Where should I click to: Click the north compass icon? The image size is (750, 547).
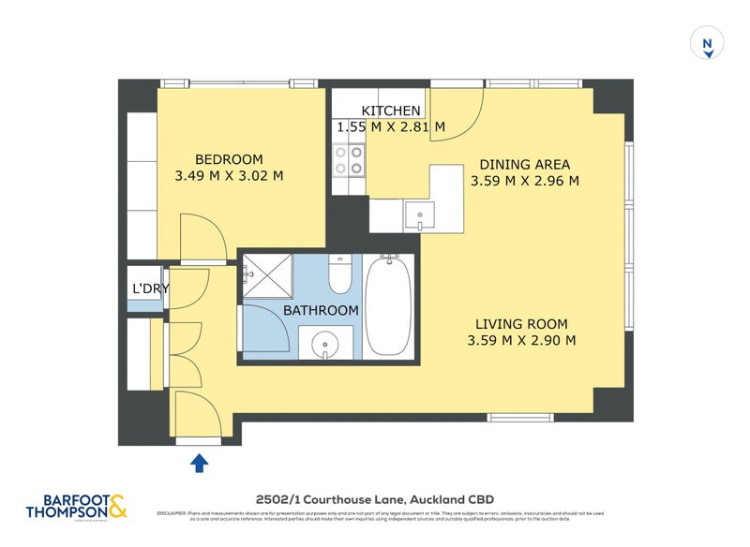(x=708, y=44)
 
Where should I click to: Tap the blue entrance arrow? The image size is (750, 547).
(x=200, y=462)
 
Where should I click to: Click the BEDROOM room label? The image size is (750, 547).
(x=229, y=159)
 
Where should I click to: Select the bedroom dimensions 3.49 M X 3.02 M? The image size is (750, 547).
(x=229, y=175)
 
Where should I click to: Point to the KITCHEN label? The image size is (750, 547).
(x=391, y=111)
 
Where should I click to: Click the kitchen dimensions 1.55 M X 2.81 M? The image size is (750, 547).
(x=391, y=126)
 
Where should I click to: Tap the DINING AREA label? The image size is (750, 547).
(x=525, y=164)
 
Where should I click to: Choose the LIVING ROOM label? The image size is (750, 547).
(x=520, y=324)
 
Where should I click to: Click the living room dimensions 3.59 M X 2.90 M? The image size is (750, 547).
(x=520, y=340)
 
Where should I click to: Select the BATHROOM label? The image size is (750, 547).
(x=321, y=310)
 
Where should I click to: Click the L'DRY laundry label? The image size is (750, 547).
(x=149, y=288)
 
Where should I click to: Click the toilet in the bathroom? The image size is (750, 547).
(x=339, y=274)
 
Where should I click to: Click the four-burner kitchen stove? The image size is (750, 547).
(x=349, y=160)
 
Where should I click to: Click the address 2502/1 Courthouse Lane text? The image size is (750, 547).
(x=376, y=499)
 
